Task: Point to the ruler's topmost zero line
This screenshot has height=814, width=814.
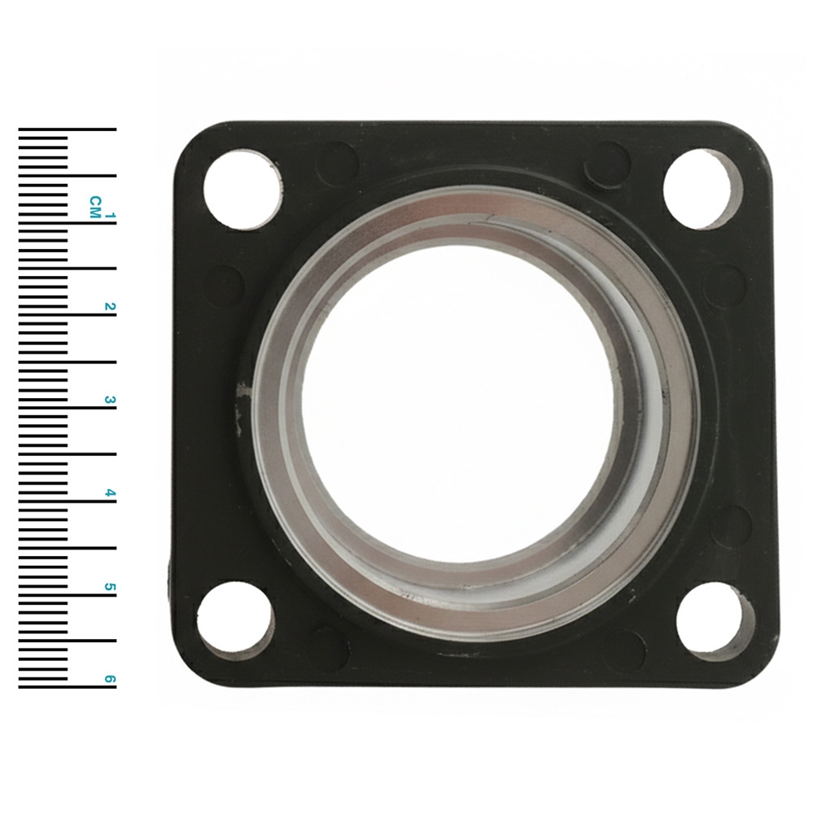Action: pos(67,129)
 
